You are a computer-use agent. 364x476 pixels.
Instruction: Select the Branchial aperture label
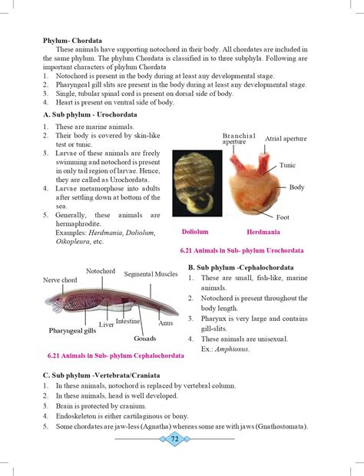point(238,138)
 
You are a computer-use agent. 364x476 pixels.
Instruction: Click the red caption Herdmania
point(263,231)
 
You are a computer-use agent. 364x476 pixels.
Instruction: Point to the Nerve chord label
point(60,280)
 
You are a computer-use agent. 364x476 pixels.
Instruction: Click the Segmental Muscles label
point(151,274)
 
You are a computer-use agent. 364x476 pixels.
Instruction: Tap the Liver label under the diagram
point(106,325)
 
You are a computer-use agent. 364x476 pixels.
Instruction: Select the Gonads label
point(144,338)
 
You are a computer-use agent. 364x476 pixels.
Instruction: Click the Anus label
point(166,324)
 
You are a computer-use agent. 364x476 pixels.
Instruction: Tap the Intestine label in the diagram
point(128,320)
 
